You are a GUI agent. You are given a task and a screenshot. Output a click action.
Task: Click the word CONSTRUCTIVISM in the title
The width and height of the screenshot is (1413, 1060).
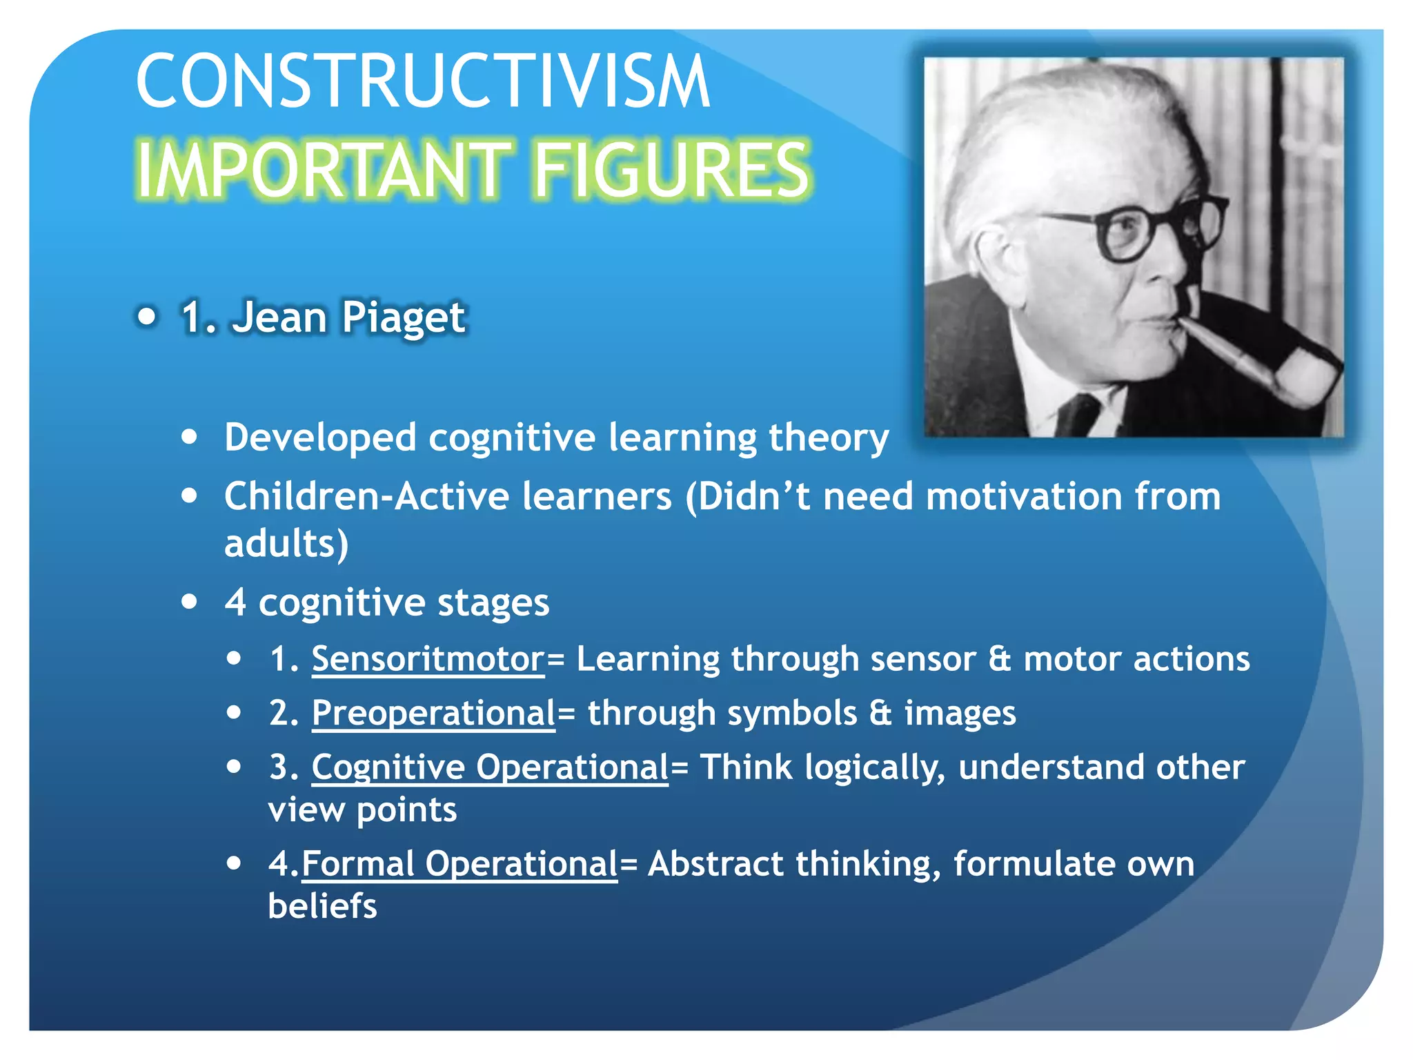tap(422, 81)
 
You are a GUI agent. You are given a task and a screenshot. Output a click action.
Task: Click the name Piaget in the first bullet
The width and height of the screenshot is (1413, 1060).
tap(404, 317)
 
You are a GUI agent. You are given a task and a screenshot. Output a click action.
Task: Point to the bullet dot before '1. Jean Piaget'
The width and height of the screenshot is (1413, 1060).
tap(147, 317)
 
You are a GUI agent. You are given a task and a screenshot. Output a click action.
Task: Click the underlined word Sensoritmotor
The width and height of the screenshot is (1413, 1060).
tap(428, 659)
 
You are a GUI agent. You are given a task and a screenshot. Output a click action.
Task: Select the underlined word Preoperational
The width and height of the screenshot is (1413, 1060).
tap(433, 713)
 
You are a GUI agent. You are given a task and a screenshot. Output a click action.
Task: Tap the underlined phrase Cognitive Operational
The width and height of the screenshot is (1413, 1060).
tap(490, 767)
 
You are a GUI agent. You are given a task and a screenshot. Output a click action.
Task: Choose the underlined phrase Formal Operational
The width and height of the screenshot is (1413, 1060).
tap(460, 864)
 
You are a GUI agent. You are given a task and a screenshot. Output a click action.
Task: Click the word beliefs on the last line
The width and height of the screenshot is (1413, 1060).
tap(322, 906)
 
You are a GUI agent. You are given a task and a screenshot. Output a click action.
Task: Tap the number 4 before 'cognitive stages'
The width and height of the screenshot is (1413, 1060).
tap(235, 602)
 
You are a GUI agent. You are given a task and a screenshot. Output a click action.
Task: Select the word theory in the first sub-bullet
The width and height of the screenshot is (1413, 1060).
tap(828, 438)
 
